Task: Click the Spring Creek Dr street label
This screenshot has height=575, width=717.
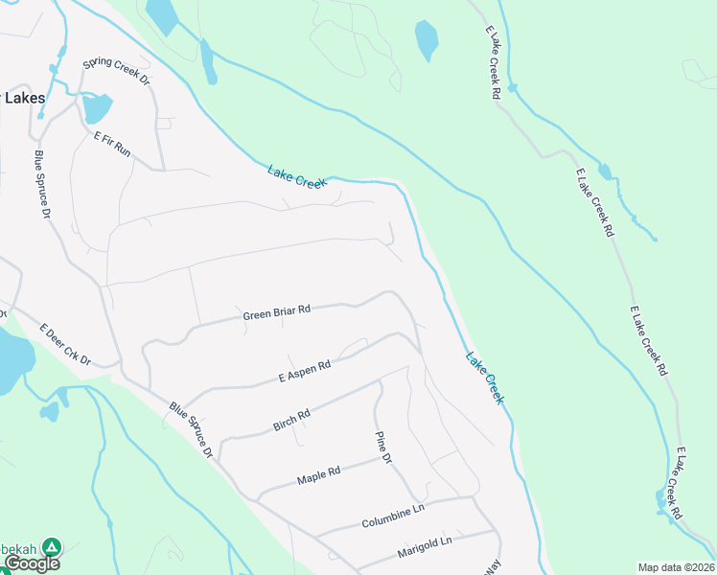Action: (117, 72)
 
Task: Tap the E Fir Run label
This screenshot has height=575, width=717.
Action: (111, 144)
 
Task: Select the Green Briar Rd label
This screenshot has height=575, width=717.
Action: (277, 312)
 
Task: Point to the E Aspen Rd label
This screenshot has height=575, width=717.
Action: (304, 370)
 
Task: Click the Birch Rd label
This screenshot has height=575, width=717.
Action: (291, 420)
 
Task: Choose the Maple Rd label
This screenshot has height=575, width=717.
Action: (319, 474)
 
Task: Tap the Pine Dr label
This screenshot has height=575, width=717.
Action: (382, 447)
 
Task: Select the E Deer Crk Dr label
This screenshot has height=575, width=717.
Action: (64, 345)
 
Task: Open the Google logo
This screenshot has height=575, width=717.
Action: (31, 563)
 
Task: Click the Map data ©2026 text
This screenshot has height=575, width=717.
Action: (676, 567)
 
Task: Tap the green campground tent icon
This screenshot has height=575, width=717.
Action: (53, 548)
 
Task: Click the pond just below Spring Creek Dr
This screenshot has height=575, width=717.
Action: (96, 108)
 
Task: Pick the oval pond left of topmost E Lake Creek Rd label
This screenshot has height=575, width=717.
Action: (426, 40)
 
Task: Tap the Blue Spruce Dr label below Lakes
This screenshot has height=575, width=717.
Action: (42, 185)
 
